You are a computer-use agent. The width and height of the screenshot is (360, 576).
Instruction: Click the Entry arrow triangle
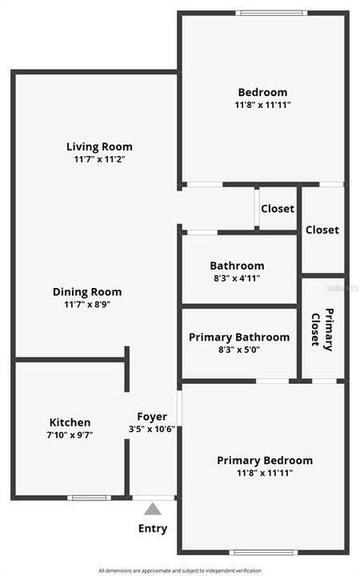tap(153, 509)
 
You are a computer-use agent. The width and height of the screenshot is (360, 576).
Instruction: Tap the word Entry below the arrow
tap(153, 528)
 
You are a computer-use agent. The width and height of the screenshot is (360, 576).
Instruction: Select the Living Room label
tap(99, 146)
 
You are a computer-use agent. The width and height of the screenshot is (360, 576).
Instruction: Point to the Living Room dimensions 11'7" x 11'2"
tap(99, 159)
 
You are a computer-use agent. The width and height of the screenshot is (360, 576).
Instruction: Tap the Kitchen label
tap(70, 422)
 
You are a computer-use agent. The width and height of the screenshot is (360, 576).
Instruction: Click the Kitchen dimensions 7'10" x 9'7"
tap(70, 435)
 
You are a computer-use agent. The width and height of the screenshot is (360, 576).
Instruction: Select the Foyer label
tap(152, 416)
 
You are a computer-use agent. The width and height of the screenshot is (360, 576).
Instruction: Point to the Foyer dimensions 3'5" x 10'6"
tap(152, 429)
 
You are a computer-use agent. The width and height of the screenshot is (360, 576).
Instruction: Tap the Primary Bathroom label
tap(239, 337)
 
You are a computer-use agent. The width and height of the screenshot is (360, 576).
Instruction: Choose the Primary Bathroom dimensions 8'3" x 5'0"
tap(239, 350)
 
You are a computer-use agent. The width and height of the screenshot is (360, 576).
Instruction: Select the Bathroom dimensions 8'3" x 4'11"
tap(237, 278)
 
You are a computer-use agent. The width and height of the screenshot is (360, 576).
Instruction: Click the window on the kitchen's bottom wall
tap(88, 498)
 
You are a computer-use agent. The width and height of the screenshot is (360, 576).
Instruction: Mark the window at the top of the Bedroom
tap(271, 13)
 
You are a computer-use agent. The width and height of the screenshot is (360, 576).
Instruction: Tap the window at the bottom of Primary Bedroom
tap(263, 552)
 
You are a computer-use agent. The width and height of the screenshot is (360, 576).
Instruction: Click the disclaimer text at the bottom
tap(180, 570)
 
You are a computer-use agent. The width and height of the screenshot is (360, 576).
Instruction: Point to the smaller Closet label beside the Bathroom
tap(278, 209)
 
